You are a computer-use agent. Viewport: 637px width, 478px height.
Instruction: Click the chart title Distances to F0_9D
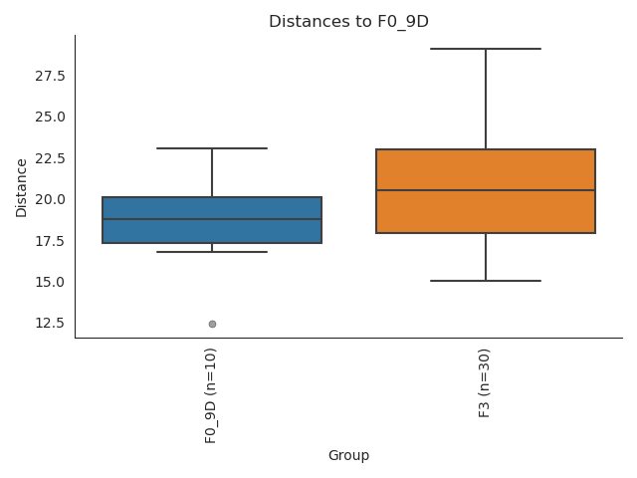pyautogui.click(x=348, y=22)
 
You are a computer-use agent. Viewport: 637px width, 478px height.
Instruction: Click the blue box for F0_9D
pyautogui.click(x=212, y=230)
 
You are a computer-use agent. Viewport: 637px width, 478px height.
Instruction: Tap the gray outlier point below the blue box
pyautogui.click(x=212, y=324)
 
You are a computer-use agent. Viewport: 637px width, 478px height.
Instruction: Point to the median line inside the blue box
pyautogui.click(x=212, y=219)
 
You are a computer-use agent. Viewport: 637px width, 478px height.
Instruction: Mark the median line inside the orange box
pyautogui.click(x=486, y=190)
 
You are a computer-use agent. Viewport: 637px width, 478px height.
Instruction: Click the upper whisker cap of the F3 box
pyautogui.click(x=486, y=49)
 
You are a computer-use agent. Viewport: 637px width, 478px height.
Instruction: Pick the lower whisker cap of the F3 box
pyautogui.click(x=486, y=281)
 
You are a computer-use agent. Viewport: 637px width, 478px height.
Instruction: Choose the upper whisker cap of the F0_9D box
pyautogui.click(x=212, y=148)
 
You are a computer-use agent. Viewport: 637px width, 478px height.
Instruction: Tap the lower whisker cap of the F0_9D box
pyautogui.click(x=212, y=252)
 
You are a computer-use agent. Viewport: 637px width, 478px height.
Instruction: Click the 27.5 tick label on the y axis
pyautogui.click(x=49, y=76)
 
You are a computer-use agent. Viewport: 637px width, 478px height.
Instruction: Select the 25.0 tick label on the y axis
pyautogui.click(x=49, y=117)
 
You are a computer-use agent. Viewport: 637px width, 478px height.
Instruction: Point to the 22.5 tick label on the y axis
pyautogui.click(x=49, y=158)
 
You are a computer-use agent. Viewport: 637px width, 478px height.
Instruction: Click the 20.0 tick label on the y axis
pyautogui.click(x=49, y=199)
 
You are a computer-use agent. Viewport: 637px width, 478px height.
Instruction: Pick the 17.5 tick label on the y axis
pyautogui.click(x=49, y=241)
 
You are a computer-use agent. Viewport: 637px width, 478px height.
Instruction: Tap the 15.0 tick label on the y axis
pyautogui.click(x=49, y=282)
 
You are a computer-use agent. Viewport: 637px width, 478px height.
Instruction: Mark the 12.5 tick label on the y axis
pyautogui.click(x=49, y=323)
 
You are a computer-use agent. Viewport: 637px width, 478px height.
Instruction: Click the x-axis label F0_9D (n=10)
pyautogui.click(x=211, y=395)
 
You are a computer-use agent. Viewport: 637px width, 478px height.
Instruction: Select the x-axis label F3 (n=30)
pyautogui.click(x=485, y=382)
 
